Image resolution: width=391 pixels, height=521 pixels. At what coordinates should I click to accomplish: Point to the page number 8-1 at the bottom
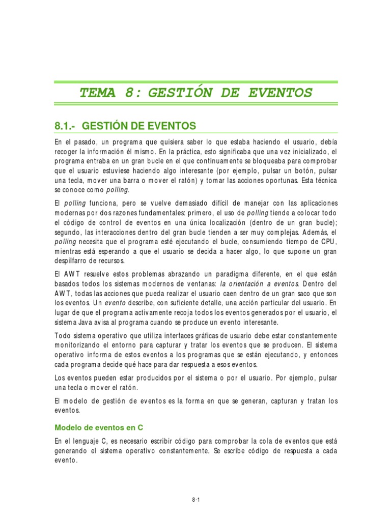pos(195,500)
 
